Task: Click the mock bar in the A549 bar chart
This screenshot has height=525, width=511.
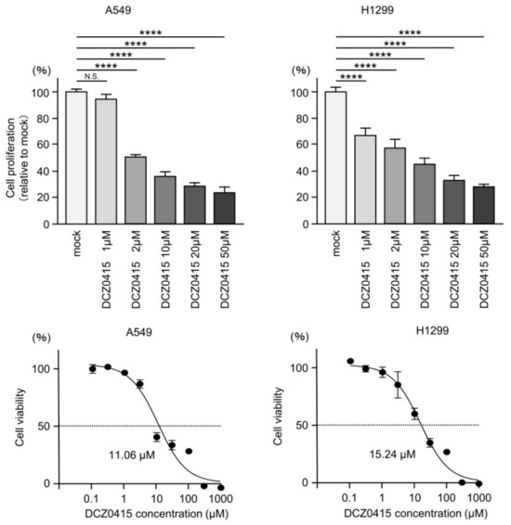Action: click(76, 158)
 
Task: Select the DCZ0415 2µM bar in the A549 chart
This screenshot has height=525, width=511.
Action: click(135, 190)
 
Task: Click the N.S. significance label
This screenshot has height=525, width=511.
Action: click(91, 78)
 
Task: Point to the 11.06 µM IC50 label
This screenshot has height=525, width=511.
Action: click(130, 455)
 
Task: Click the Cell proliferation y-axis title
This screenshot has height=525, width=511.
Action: click(16, 158)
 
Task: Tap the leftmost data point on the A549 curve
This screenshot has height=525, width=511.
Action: click(92, 369)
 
